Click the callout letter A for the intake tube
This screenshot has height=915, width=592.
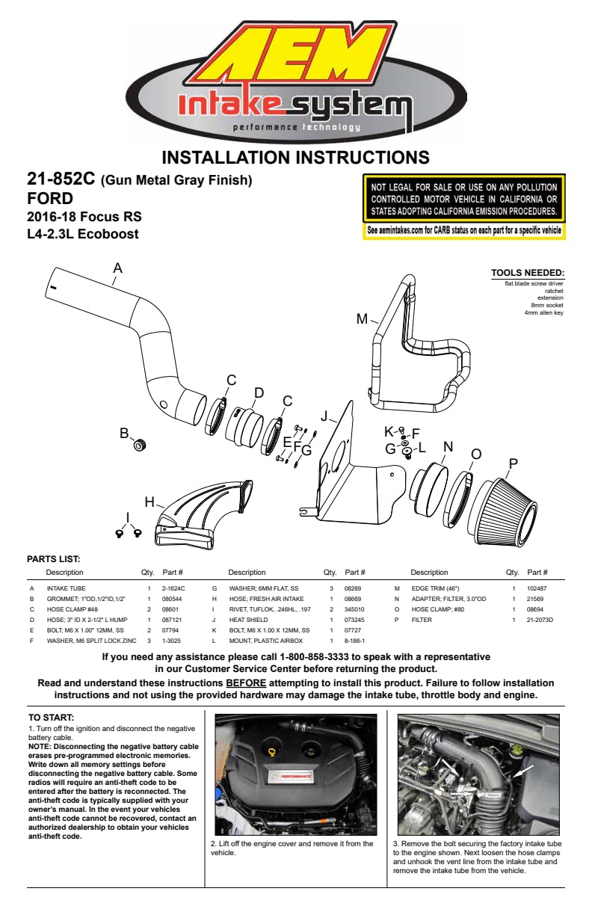[x=117, y=268]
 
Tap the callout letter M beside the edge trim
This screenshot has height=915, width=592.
[x=363, y=319]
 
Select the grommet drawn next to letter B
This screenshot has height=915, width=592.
[x=139, y=446]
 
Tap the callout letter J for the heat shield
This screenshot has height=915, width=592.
[x=324, y=416]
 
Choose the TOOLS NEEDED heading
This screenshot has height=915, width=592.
[x=527, y=273]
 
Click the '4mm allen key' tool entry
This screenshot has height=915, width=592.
[x=543, y=312]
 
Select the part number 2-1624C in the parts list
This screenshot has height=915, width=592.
[x=173, y=589]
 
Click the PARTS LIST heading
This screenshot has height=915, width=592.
[x=53, y=558]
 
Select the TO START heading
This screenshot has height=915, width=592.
[x=46, y=718]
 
